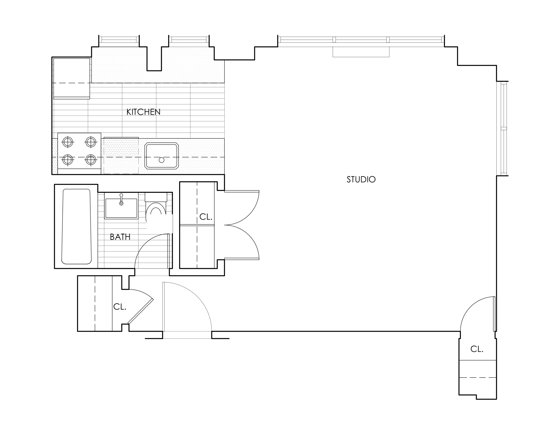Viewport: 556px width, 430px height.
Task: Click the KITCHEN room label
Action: pos(143,112)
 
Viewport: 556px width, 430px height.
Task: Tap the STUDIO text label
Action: pos(361,180)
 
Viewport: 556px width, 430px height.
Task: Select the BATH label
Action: pos(120,237)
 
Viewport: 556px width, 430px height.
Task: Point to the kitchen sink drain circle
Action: pos(162,160)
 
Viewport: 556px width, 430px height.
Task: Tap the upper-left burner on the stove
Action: pos(68,142)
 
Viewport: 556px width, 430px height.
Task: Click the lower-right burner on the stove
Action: pos(91,160)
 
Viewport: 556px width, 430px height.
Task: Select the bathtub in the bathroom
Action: pos(76,226)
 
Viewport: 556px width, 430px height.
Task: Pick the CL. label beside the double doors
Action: pos(206,217)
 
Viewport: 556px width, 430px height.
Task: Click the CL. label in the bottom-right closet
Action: pos(477,349)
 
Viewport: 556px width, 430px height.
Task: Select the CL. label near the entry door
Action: pos(120,307)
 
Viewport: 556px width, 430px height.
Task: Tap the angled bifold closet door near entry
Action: pos(141,311)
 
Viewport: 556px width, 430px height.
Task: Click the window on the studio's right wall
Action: pos(504,129)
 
